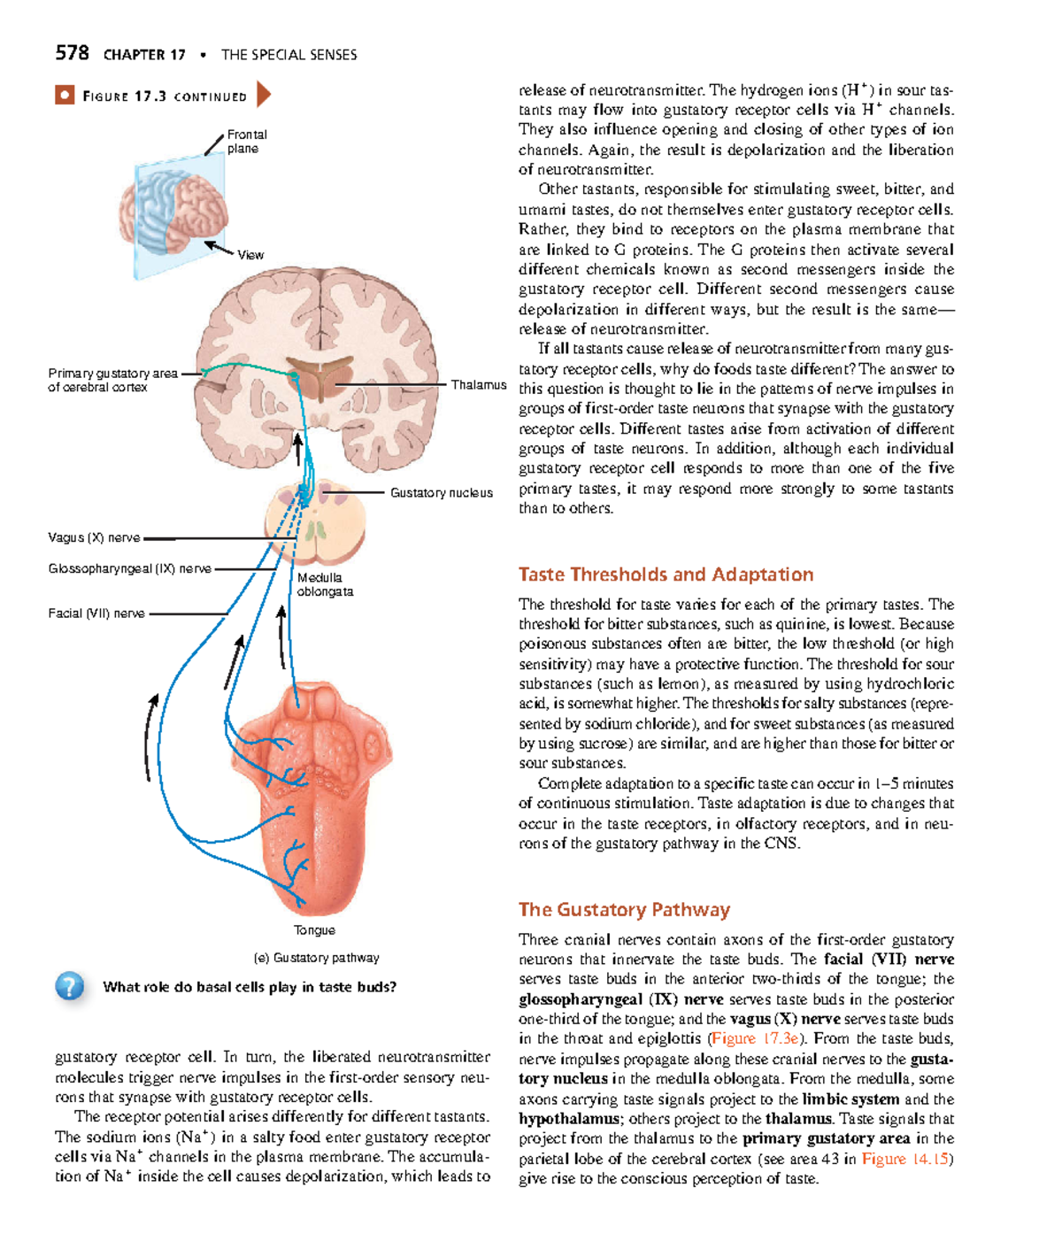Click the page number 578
72,53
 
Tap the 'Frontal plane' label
247,142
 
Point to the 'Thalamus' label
478,385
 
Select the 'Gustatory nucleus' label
441,493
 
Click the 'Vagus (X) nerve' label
94,537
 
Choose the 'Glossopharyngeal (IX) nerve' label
129,569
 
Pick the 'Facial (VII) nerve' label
96,613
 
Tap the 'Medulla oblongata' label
324,584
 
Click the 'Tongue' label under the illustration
314,930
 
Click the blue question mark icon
69,986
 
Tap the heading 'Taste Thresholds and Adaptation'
666,574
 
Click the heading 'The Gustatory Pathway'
624,910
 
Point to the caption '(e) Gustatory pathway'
316,958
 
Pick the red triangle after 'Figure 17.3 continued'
263,95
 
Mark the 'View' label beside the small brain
250,255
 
